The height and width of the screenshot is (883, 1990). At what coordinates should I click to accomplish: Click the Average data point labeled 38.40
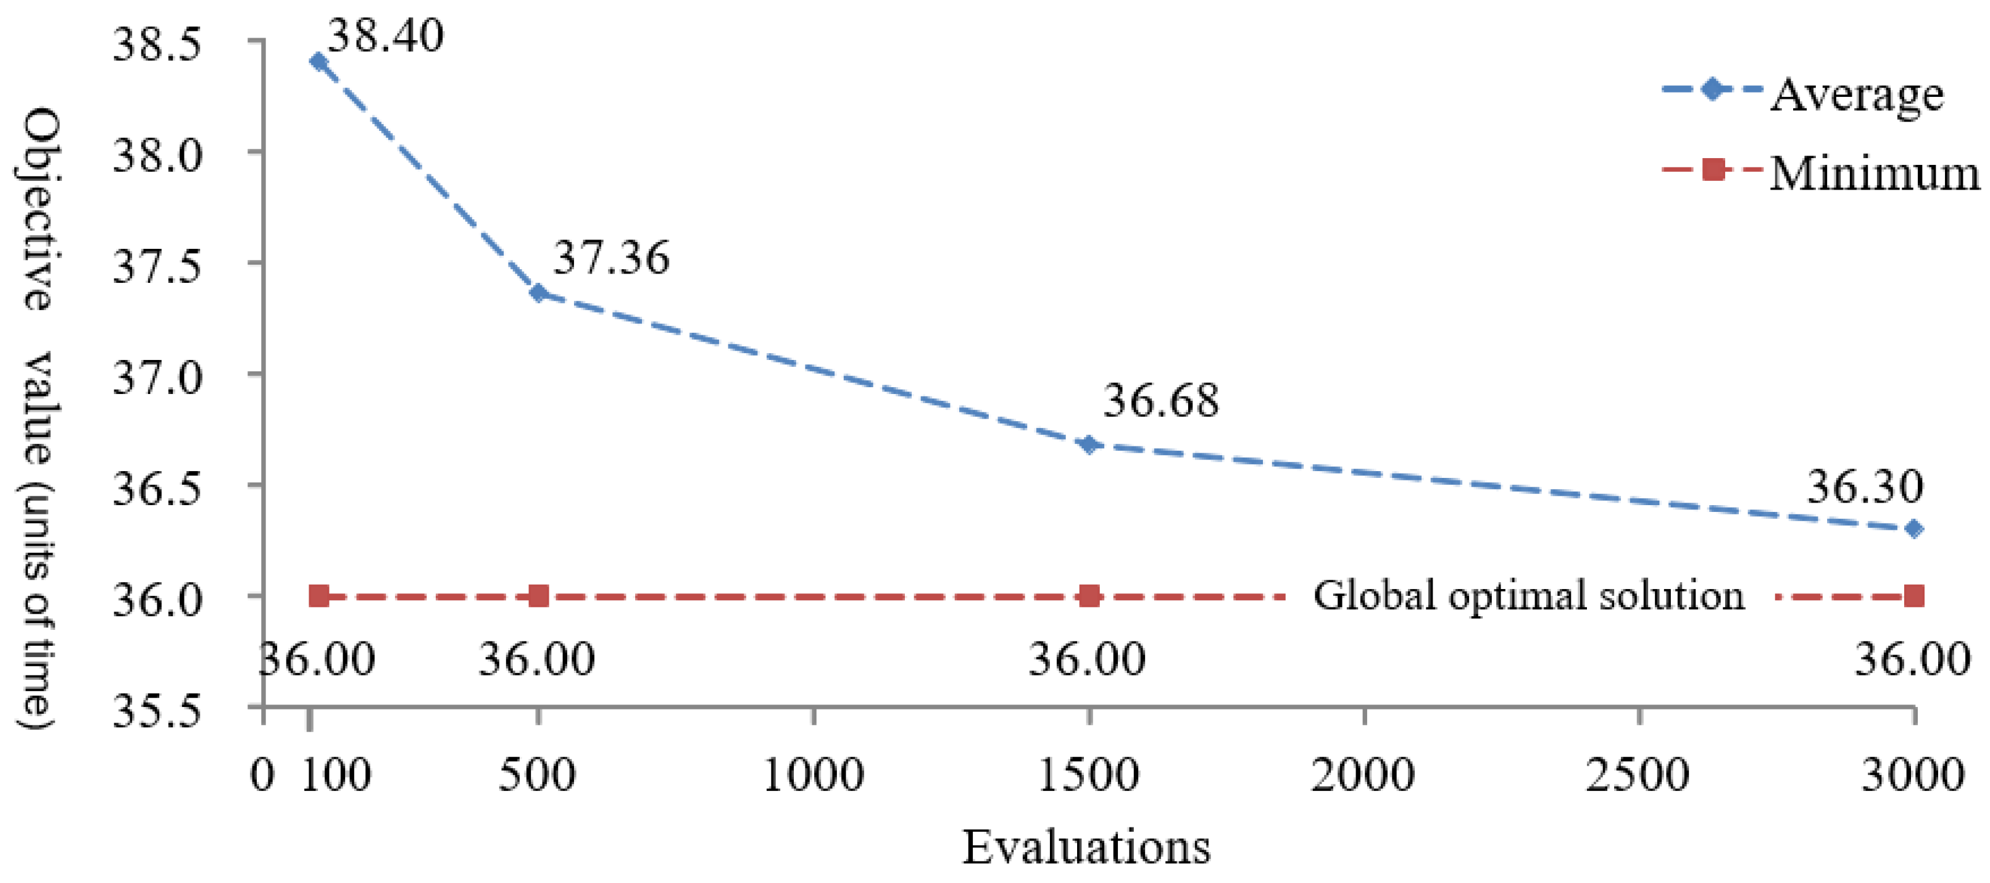pyautogui.click(x=318, y=62)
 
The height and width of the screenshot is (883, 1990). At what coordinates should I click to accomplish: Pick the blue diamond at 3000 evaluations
pyautogui.click(x=1913, y=529)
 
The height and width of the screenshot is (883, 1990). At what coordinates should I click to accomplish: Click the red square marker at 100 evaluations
pyautogui.click(x=318, y=596)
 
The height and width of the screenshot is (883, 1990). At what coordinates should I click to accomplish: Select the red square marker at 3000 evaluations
pyautogui.click(x=1913, y=596)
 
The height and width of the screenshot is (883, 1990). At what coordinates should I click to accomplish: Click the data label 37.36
pyautogui.click(x=611, y=258)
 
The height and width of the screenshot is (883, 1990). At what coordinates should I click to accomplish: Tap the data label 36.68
pyautogui.click(x=1160, y=401)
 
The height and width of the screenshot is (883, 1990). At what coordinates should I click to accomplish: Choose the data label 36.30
pyautogui.click(x=1864, y=487)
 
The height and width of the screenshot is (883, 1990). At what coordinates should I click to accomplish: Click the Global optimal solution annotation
pyautogui.click(x=1528, y=596)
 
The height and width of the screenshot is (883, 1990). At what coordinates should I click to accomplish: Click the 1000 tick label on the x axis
pyautogui.click(x=814, y=775)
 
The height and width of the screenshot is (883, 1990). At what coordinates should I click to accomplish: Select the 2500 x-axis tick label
pyautogui.click(x=1638, y=775)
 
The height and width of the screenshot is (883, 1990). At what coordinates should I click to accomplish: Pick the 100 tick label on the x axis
pyautogui.click(x=335, y=775)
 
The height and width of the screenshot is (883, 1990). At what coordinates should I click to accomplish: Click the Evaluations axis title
pyautogui.click(x=1085, y=847)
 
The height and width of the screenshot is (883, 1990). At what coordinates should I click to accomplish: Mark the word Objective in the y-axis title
pyautogui.click(x=39, y=209)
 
